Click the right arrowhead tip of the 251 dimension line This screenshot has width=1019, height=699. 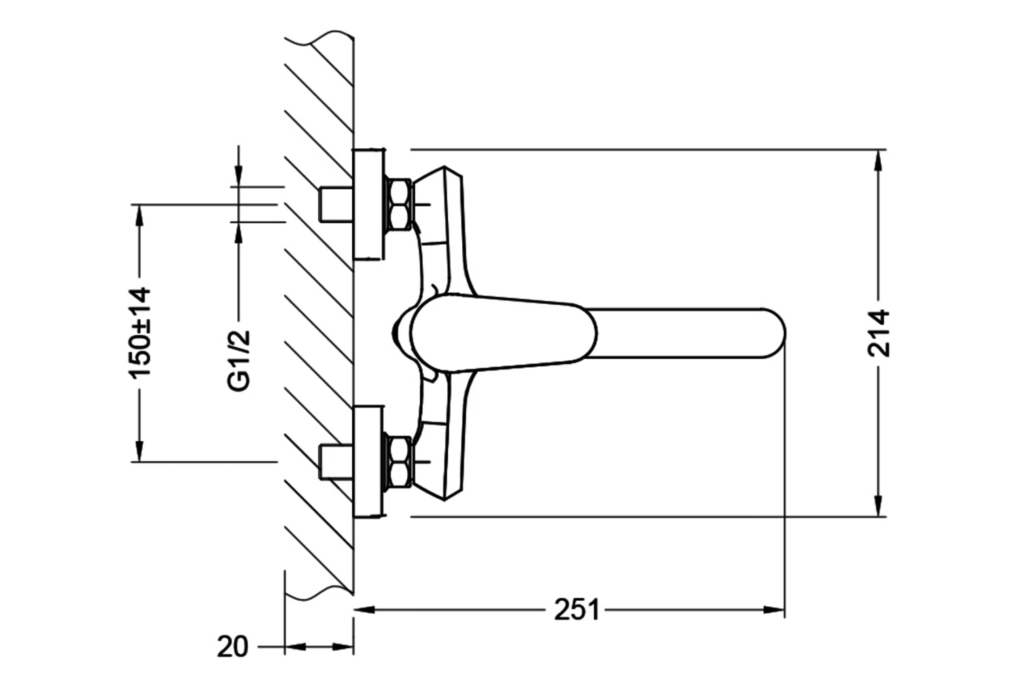point(784,609)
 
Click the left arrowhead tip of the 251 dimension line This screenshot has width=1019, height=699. point(354,609)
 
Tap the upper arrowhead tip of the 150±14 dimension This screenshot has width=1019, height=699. point(139,205)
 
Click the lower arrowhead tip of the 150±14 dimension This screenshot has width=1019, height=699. point(139,461)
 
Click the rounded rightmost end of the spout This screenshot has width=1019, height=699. point(786,333)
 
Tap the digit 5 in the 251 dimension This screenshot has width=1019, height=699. point(577,610)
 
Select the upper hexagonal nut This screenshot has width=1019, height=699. point(399,205)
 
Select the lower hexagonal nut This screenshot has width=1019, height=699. point(399,462)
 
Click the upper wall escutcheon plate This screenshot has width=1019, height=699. point(369,204)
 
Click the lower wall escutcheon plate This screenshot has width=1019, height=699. point(369,461)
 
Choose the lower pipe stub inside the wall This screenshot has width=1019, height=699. point(335,462)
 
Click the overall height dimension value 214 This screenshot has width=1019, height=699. point(879,333)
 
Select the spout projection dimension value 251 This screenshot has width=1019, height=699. point(577,610)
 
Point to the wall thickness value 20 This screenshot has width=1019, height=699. point(233,647)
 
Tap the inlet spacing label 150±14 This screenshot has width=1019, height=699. point(140,332)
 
